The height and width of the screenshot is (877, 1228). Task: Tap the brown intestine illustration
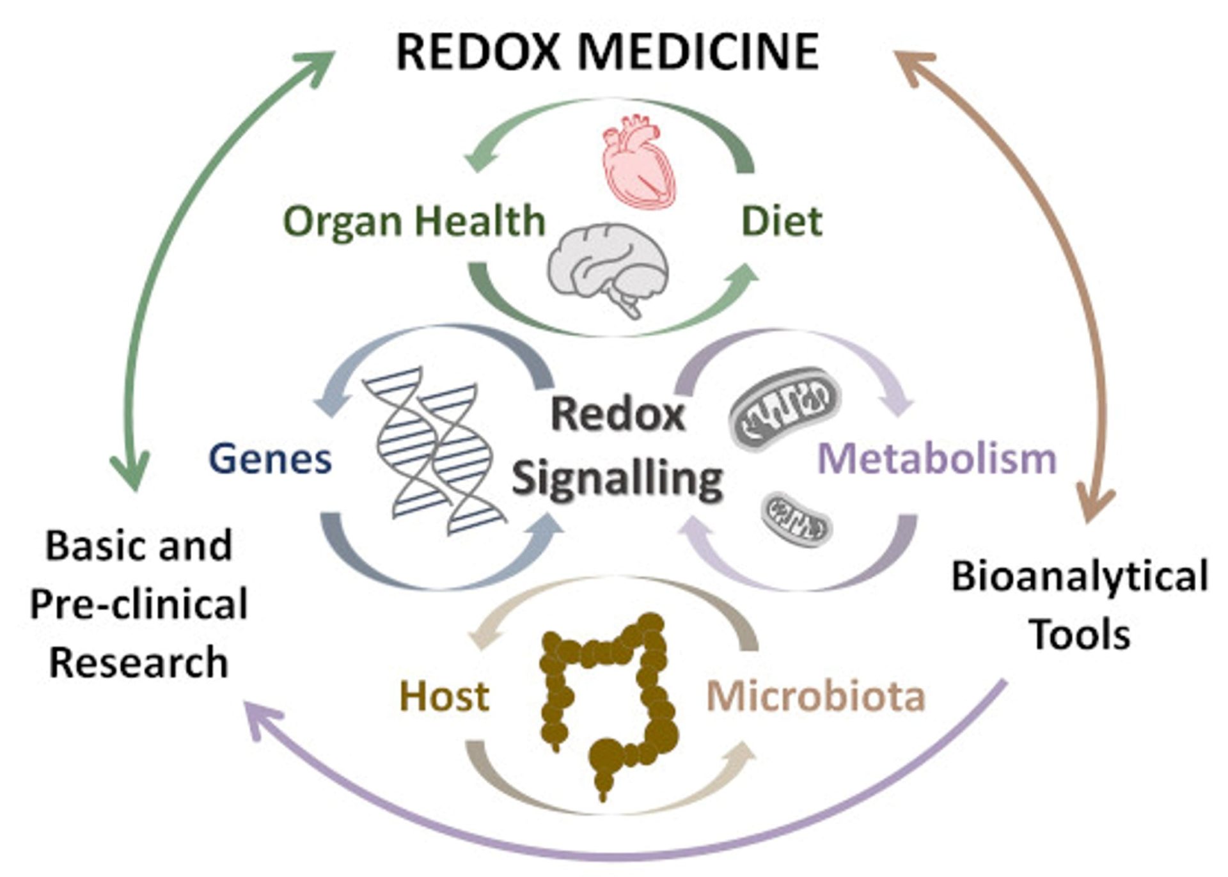(x=608, y=697)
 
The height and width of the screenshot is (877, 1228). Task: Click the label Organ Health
(x=414, y=222)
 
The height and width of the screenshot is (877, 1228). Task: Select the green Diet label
(x=782, y=222)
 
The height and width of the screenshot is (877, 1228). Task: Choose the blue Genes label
(x=271, y=459)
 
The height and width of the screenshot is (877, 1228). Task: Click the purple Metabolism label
(x=937, y=459)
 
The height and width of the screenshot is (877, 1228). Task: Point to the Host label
(x=445, y=697)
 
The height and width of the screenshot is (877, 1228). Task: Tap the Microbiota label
(x=815, y=697)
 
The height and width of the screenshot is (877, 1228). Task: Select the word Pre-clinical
(x=139, y=604)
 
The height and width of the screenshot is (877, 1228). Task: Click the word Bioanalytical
(x=1080, y=576)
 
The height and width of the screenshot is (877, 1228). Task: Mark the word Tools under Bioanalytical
(x=1080, y=635)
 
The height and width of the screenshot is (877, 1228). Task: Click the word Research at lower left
(x=139, y=663)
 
